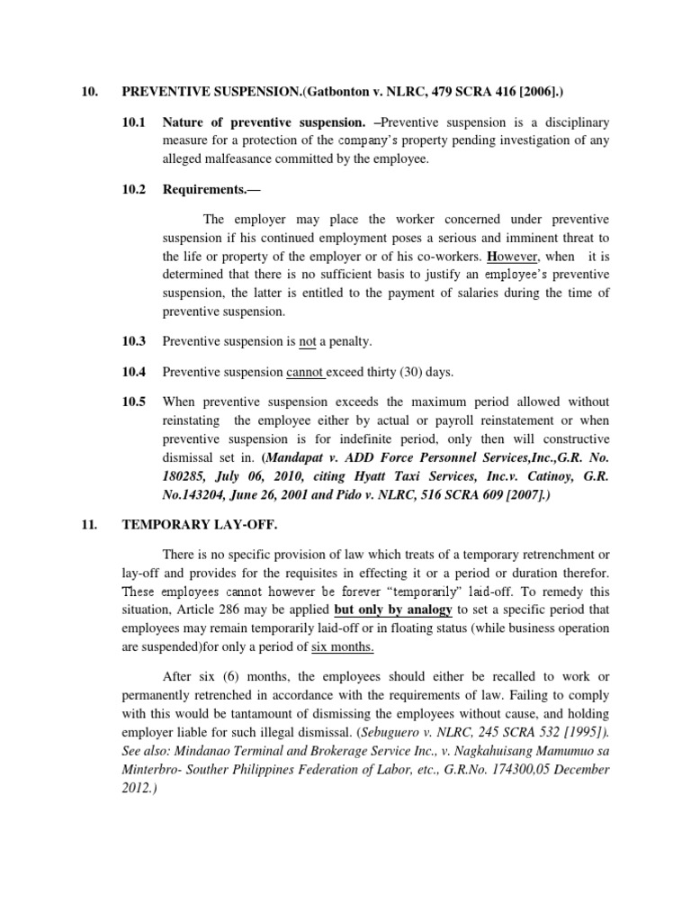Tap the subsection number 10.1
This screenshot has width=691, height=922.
(x=132, y=122)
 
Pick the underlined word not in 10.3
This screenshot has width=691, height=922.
(x=307, y=342)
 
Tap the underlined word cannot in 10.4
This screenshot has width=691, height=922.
(x=312, y=371)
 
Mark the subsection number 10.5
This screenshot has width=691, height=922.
(x=132, y=402)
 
